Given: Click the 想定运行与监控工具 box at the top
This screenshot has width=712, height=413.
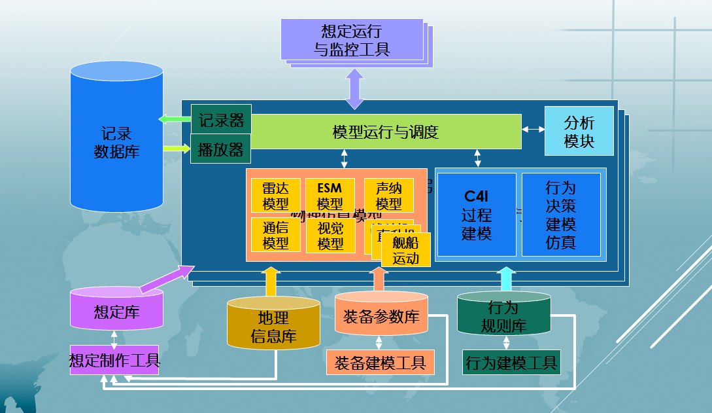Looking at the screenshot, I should click(352, 40).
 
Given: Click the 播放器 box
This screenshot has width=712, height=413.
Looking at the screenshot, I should click(221, 150).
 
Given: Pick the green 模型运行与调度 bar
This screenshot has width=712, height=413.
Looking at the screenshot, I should click(386, 132).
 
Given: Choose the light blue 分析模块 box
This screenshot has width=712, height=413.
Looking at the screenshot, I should click(579, 132).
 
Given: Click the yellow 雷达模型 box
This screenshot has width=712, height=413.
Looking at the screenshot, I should click(275, 196).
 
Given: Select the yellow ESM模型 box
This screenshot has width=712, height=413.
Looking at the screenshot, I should click(330, 196).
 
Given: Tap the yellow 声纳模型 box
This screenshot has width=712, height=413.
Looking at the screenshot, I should click(388, 196).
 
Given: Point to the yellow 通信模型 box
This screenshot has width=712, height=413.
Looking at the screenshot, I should click(275, 235).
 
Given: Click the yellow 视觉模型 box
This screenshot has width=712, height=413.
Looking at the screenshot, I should click(330, 235).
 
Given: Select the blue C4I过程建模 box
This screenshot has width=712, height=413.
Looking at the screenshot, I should click(477, 214).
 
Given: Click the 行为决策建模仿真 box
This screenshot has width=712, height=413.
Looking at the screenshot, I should click(560, 214).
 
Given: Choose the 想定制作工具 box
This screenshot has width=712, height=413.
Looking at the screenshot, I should click(114, 360).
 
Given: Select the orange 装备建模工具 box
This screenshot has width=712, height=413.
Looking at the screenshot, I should click(380, 362).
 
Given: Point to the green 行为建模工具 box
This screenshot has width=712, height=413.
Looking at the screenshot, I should click(510, 362).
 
